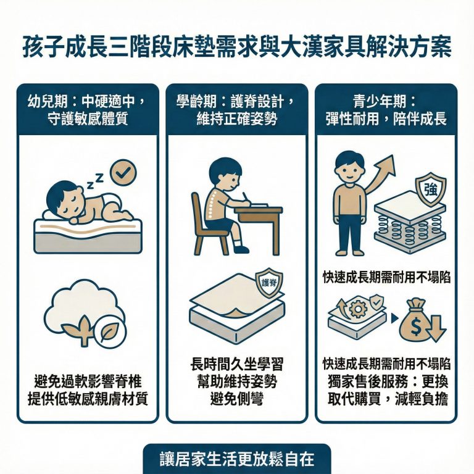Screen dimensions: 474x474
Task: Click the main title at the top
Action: tap(237, 47)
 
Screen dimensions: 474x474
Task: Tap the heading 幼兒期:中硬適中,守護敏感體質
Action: tap(88, 109)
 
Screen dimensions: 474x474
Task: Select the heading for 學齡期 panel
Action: tap(236, 109)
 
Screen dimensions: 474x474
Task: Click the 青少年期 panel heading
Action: tap(386, 109)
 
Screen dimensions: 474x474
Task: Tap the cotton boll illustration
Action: tap(74, 306)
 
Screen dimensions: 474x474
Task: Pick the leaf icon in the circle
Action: tap(111, 334)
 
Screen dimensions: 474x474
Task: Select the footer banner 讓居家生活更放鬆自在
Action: tap(236, 460)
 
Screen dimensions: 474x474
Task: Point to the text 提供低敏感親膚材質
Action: tap(88, 399)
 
